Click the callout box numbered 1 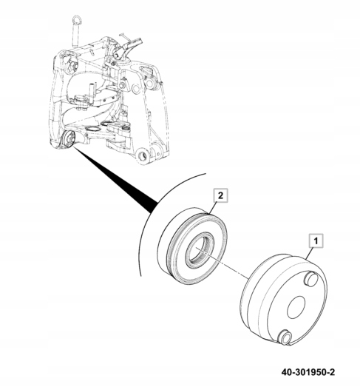(x=316, y=240)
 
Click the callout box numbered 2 (x=221, y=196)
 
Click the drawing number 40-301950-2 (x=308, y=372)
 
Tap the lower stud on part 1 (x=285, y=337)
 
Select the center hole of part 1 (x=296, y=307)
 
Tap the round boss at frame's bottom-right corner (x=142, y=155)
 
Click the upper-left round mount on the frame (x=72, y=66)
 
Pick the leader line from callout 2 (x=213, y=208)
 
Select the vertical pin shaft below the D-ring (x=75, y=35)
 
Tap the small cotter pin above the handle (x=125, y=36)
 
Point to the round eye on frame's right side (x=149, y=84)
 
